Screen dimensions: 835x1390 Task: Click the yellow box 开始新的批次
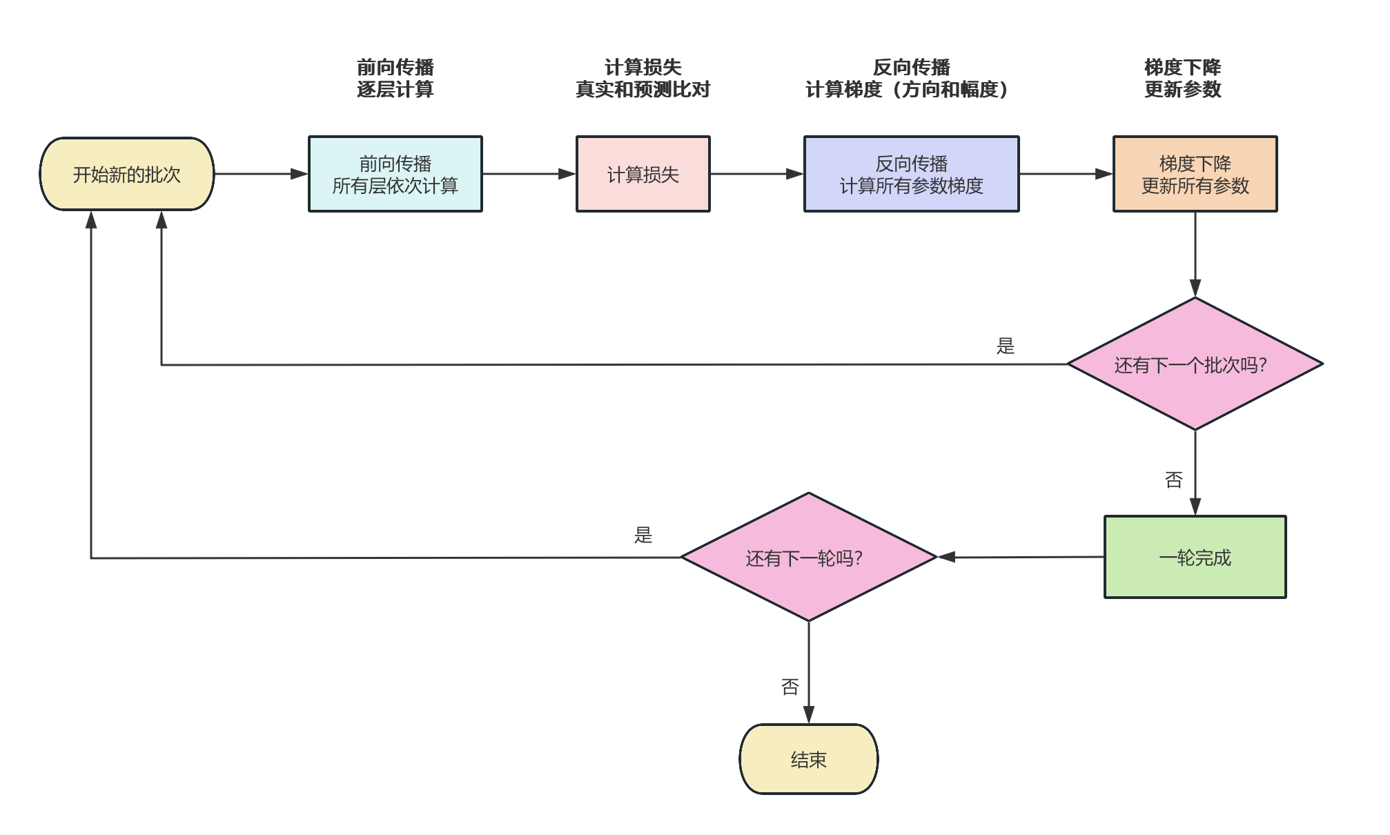pyautogui.click(x=127, y=174)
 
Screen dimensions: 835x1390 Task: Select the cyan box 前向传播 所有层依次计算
pyautogui.click(x=395, y=174)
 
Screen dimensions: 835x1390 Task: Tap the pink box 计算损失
pyautogui.click(x=643, y=174)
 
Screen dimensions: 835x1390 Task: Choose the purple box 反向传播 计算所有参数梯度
pyautogui.click(x=911, y=174)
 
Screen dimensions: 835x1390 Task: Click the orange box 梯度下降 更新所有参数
pyautogui.click(x=1195, y=174)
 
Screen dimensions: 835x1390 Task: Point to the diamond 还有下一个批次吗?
pyautogui.click(x=1195, y=364)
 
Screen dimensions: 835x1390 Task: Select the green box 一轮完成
pyautogui.click(x=1195, y=557)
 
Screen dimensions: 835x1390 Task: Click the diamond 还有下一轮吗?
pyautogui.click(x=808, y=557)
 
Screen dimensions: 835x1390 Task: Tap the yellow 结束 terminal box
pyautogui.click(x=808, y=759)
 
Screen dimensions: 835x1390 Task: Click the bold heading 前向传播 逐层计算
pyautogui.click(x=395, y=78)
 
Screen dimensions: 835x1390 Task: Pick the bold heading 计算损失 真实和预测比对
pyautogui.click(x=643, y=78)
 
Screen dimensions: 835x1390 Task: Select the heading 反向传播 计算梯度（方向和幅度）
pyautogui.click(x=911, y=78)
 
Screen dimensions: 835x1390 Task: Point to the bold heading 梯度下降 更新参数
pyautogui.click(x=1182, y=78)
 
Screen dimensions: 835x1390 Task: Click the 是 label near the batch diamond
pyautogui.click(x=1005, y=346)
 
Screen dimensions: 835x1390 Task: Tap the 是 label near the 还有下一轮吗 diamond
pyautogui.click(x=643, y=535)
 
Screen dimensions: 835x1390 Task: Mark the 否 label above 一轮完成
pyautogui.click(x=1173, y=480)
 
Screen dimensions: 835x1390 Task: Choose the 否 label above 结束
pyautogui.click(x=790, y=687)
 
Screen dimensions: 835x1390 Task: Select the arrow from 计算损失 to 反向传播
pyautogui.click(x=756, y=174)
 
